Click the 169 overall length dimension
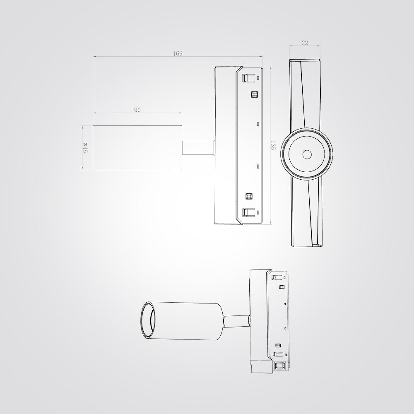click(x=178, y=53)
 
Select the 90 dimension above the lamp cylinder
click(x=137, y=110)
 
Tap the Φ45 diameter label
click(x=85, y=147)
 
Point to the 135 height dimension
click(x=273, y=145)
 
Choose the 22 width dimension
click(x=305, y=43)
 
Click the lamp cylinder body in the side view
click(x=137, y=148)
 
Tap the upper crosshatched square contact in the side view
click(x=255, y=94)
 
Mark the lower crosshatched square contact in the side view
click(x=248, y=196)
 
